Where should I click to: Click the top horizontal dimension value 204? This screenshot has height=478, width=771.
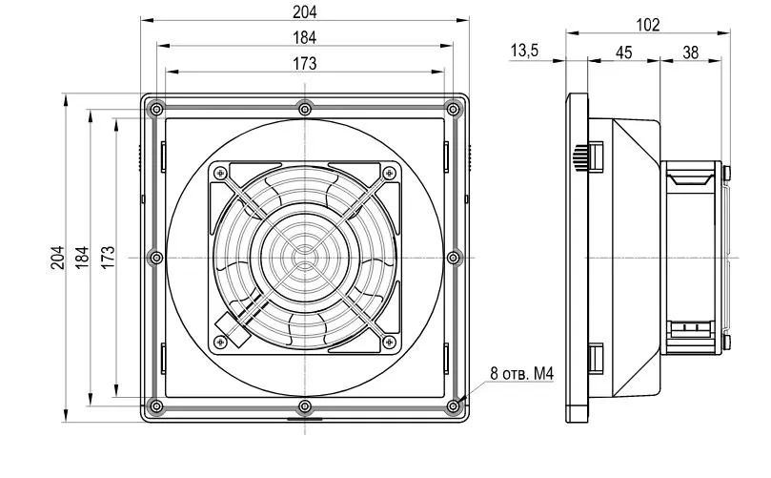[304, 11]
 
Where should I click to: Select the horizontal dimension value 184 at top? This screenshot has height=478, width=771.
[304, 37]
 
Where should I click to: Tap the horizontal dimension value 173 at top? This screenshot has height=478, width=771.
[304, 63]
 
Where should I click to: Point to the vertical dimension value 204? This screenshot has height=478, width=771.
[57, 257]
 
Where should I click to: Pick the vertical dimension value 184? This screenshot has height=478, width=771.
[83, 257]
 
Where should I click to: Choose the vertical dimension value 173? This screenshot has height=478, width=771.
[109, 255]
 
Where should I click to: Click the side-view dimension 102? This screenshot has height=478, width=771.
[648, 26]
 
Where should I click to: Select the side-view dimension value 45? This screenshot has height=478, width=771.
[624, 52]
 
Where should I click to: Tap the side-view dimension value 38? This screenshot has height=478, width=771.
[690, 52]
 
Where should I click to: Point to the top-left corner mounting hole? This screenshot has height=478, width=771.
[153, 107]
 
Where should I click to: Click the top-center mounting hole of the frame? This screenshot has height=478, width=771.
[304, 105]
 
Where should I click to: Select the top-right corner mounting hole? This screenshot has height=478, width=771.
[454, 107]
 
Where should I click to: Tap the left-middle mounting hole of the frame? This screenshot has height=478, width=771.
[155, 257]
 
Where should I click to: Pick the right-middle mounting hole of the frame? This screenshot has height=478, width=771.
[453, 257]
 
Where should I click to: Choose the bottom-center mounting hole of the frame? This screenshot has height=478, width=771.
[304, 407]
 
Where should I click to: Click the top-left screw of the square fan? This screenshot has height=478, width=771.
[220, 172]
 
